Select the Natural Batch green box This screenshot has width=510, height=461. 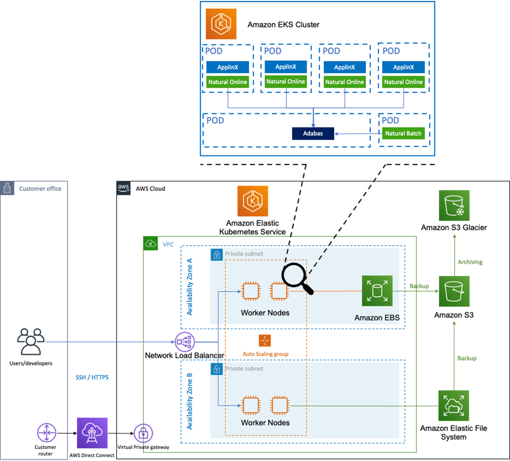point(403,133)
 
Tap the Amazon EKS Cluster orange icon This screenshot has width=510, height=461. point(221,24)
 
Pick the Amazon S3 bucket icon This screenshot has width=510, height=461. point(454,291)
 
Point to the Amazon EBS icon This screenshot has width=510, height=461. point(377,291)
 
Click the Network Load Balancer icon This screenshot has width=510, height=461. point(185,341)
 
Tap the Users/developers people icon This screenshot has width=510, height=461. point(31,341)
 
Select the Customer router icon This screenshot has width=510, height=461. point(46,434)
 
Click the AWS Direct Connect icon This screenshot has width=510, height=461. point(92,434)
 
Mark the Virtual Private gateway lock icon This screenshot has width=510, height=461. point(143,434)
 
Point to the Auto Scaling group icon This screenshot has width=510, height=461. point(265,341)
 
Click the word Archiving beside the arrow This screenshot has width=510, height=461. point(470,262)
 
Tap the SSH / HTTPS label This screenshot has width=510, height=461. point(92,377)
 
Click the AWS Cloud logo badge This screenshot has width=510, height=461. point(123,188)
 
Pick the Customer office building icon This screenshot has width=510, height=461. point(8,188)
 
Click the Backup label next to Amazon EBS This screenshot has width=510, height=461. point(419,286)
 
